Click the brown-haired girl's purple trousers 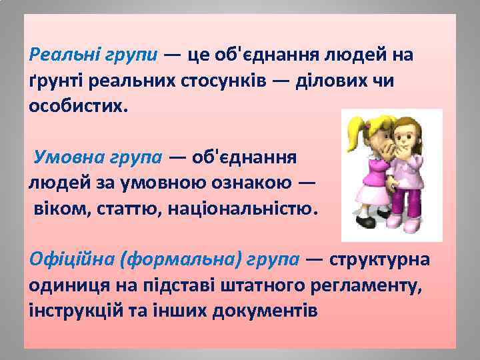point(403,200)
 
